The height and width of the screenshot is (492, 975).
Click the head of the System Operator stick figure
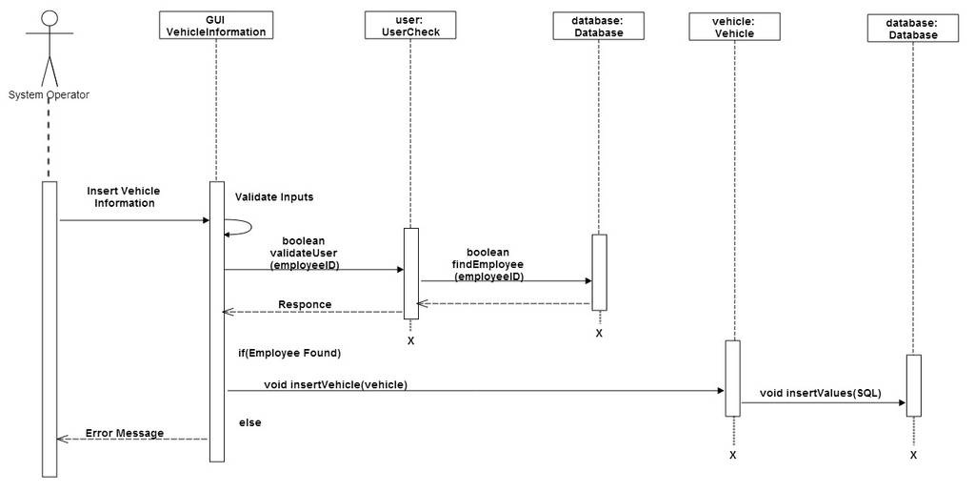point(50,19)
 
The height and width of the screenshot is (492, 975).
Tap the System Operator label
point(49,94)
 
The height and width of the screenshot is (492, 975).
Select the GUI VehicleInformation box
point(216,25)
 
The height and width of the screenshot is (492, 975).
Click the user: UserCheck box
point(410,25)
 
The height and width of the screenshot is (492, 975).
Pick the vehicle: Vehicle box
point(734,27)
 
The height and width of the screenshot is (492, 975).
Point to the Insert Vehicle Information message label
point(124,196)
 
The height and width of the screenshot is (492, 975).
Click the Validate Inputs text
point(274,196)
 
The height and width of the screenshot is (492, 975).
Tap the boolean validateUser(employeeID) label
point(304,253)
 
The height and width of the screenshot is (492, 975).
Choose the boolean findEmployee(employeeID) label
point(488,265)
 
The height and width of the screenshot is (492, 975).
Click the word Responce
point(305,304)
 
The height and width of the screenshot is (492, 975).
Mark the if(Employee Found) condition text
point(289,353)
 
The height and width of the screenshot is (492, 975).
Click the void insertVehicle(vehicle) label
point(336,385)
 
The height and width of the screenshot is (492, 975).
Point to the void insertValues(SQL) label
point(820,393)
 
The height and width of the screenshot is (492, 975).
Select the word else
point(250,422)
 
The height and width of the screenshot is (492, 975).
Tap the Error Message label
point(125,433)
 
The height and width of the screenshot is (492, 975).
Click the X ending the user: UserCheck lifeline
point(410,340)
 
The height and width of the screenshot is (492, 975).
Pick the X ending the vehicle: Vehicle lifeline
point(733,455)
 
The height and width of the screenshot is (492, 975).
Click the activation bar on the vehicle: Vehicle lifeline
point(733,378)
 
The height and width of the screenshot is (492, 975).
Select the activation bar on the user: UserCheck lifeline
point(411,274)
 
